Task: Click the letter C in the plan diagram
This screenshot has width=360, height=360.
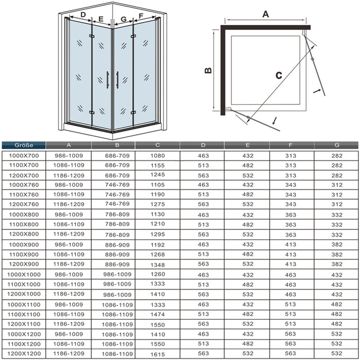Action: tap(278, 75)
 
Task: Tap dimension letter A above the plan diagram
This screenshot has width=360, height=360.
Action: tap(265, 14)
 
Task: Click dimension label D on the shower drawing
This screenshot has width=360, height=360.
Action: tap(83, 14)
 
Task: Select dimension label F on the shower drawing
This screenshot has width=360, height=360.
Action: tap(140, 15)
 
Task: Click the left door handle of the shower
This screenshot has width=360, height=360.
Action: tap(107, 80)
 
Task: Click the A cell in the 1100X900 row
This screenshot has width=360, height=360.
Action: tap(68, 254)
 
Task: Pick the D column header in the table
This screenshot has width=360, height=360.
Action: tap(202, 145)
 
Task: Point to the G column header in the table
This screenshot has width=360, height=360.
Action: tap(336, 145)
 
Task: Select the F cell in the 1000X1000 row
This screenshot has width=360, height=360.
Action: tap(291, 274)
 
